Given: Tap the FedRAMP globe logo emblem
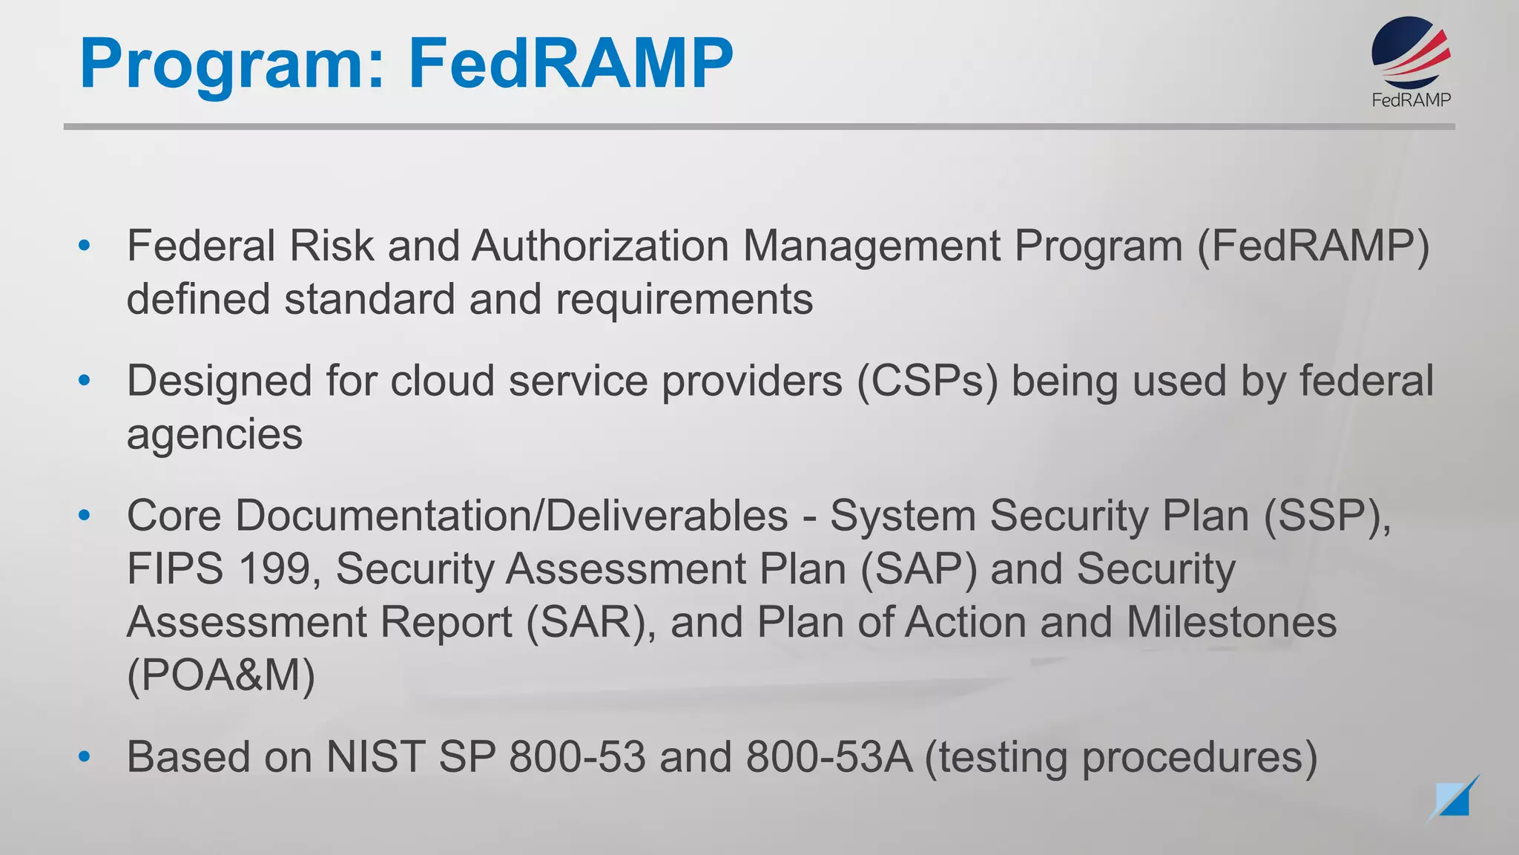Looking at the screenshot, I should (x=1410, y=52).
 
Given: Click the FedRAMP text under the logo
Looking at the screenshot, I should (x=1411, y=99).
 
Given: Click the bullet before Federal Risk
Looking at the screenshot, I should (x=85, y=246).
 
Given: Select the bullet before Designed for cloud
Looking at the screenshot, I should (x=85, y=381).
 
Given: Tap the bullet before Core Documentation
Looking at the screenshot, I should (x=85, y=515).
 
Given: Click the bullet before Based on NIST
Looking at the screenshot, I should (x=85, y=757).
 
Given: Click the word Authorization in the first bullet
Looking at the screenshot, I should (x=600, y=246).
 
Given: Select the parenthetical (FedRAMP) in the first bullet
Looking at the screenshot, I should (x=1313, y=246).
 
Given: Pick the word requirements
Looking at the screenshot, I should (x=684, y=299).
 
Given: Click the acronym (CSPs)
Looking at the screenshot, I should (x=927, y=381).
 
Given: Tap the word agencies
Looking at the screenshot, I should (x=214, y=434).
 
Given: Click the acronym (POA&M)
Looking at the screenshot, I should (x=221, y=675).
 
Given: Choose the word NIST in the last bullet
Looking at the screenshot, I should (x=375, y=757).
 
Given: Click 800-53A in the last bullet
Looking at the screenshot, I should (x=828, y=757).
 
